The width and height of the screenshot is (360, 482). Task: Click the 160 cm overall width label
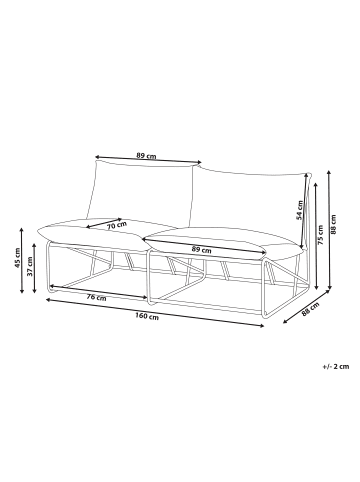[147, 316]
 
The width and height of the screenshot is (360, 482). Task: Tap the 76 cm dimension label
[97, 297]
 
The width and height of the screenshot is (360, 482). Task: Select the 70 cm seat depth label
[117, 225]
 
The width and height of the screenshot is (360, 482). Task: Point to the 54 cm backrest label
[301, 210]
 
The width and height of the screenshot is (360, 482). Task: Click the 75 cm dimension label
[320, 235]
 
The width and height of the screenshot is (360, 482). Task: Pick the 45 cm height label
[17, 258]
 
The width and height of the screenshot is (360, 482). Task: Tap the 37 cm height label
[30, 266]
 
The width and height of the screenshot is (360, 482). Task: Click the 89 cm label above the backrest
[146, 155]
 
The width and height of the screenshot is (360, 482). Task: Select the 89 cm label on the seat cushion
[202, 249]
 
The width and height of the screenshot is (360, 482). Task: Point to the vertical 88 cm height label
[333, 224]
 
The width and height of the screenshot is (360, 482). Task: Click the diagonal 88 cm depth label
[310, 309]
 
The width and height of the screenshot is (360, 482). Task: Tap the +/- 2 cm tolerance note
[336, 367]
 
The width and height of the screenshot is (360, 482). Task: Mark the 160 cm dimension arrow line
[155, 313]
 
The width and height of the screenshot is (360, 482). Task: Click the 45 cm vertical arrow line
[22, 260]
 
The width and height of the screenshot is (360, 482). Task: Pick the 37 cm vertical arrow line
[34, 268]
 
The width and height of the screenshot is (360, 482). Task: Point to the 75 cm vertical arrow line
[316, 235]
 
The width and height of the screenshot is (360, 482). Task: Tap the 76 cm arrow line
[97, 292]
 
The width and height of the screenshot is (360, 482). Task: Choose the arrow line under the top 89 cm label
[148, 160]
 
